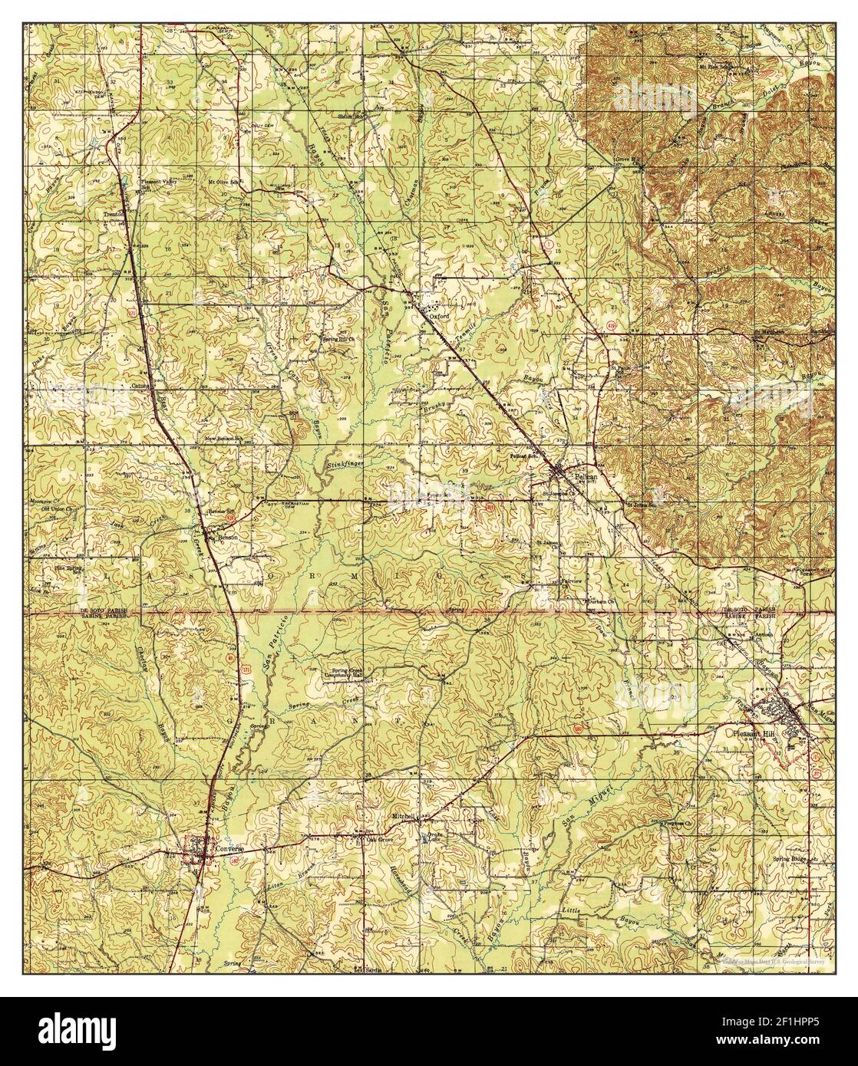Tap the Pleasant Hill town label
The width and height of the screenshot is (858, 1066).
point(748,732)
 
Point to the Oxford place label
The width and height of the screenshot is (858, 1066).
point(438,314)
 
